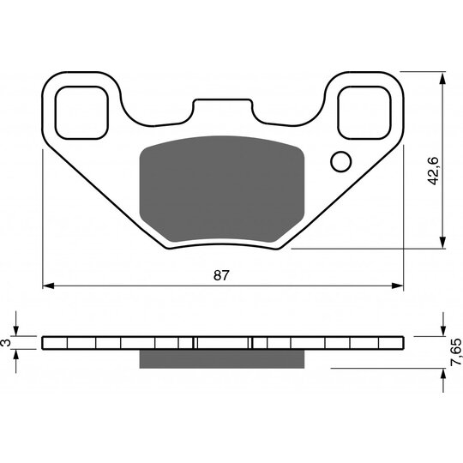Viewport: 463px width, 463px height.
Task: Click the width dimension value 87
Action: [222, 274]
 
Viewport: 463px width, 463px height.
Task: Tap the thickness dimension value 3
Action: [7, 342]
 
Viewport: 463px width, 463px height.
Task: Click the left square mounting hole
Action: [82, 110]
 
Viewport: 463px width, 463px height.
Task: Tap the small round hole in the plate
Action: [340, 160]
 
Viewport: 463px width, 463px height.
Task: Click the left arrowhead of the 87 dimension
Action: [48, 285]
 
